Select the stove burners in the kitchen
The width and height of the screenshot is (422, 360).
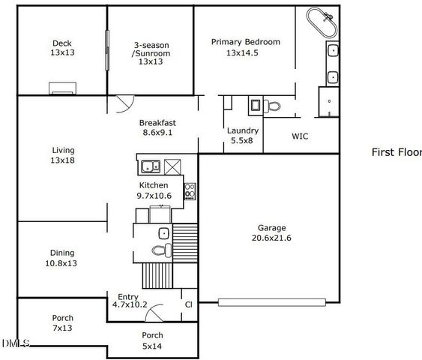click(190, 190)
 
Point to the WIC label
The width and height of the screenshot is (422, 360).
click(300, 137)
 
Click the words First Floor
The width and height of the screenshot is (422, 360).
click(397, 152)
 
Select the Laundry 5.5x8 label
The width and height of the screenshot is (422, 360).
click(243, 135)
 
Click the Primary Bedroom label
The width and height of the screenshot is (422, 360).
click(245, 47)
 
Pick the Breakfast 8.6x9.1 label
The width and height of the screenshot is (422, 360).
click(158, 127)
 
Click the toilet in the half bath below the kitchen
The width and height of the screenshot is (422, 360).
click(159, 250)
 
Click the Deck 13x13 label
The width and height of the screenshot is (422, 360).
click(61, 48)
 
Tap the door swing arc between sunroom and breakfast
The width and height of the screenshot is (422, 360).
click(124, 104)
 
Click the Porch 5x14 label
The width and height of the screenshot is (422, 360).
click(153, 340)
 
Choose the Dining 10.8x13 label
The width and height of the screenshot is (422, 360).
click(61, 258)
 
